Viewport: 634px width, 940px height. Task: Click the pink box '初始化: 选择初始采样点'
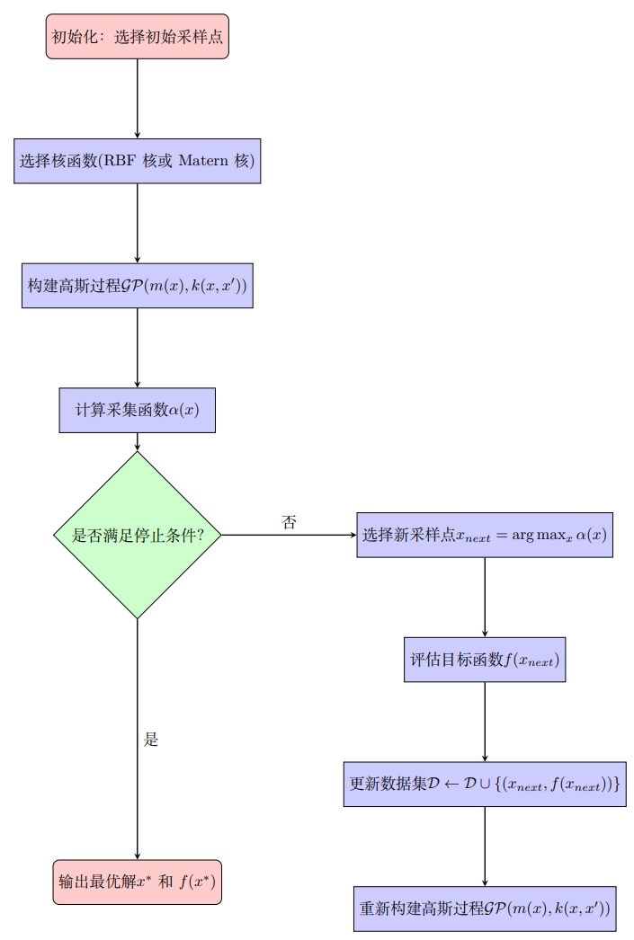[138, 36]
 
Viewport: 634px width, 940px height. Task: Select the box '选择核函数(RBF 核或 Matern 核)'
[138, 161]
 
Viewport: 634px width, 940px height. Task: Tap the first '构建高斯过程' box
[138, 286]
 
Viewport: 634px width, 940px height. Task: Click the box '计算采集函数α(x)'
[138, 411]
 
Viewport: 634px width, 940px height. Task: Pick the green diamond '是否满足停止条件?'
[138, 535]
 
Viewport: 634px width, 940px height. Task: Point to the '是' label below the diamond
[151, 740]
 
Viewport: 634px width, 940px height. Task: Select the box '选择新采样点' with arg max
[485, 535]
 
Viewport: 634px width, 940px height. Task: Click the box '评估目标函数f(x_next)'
[485, 660]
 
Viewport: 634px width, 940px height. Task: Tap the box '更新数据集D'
[485, 785]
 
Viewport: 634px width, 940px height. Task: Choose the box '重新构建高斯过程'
[485, 909]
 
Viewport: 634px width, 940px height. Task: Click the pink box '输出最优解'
[138, 882]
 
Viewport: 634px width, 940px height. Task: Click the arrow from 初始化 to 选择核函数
[138, 99]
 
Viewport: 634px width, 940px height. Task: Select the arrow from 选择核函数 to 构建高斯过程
[138, 223]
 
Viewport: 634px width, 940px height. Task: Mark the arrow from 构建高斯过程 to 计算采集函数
[138, 348]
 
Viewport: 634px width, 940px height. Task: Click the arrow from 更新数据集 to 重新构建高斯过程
[485, 847]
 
